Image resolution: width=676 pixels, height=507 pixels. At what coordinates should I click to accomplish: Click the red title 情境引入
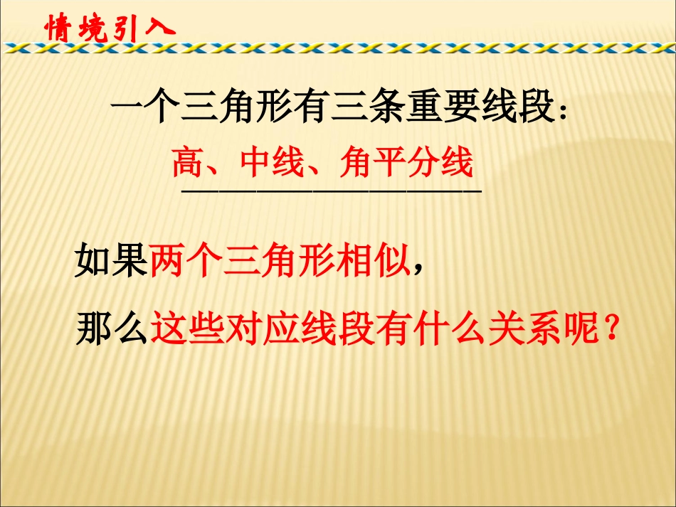pos(108,28)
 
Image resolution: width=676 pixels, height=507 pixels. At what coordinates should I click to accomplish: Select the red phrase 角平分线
pos(406,163)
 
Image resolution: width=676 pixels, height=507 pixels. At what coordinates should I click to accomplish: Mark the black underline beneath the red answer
pos(332,191)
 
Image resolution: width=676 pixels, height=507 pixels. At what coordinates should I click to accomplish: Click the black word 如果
pos(112,262)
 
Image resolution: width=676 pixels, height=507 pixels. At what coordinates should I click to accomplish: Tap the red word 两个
pos(186,262)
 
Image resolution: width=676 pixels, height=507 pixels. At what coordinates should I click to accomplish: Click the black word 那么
pos(112,328)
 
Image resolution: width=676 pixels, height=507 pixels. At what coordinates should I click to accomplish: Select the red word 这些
pos(186,328)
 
